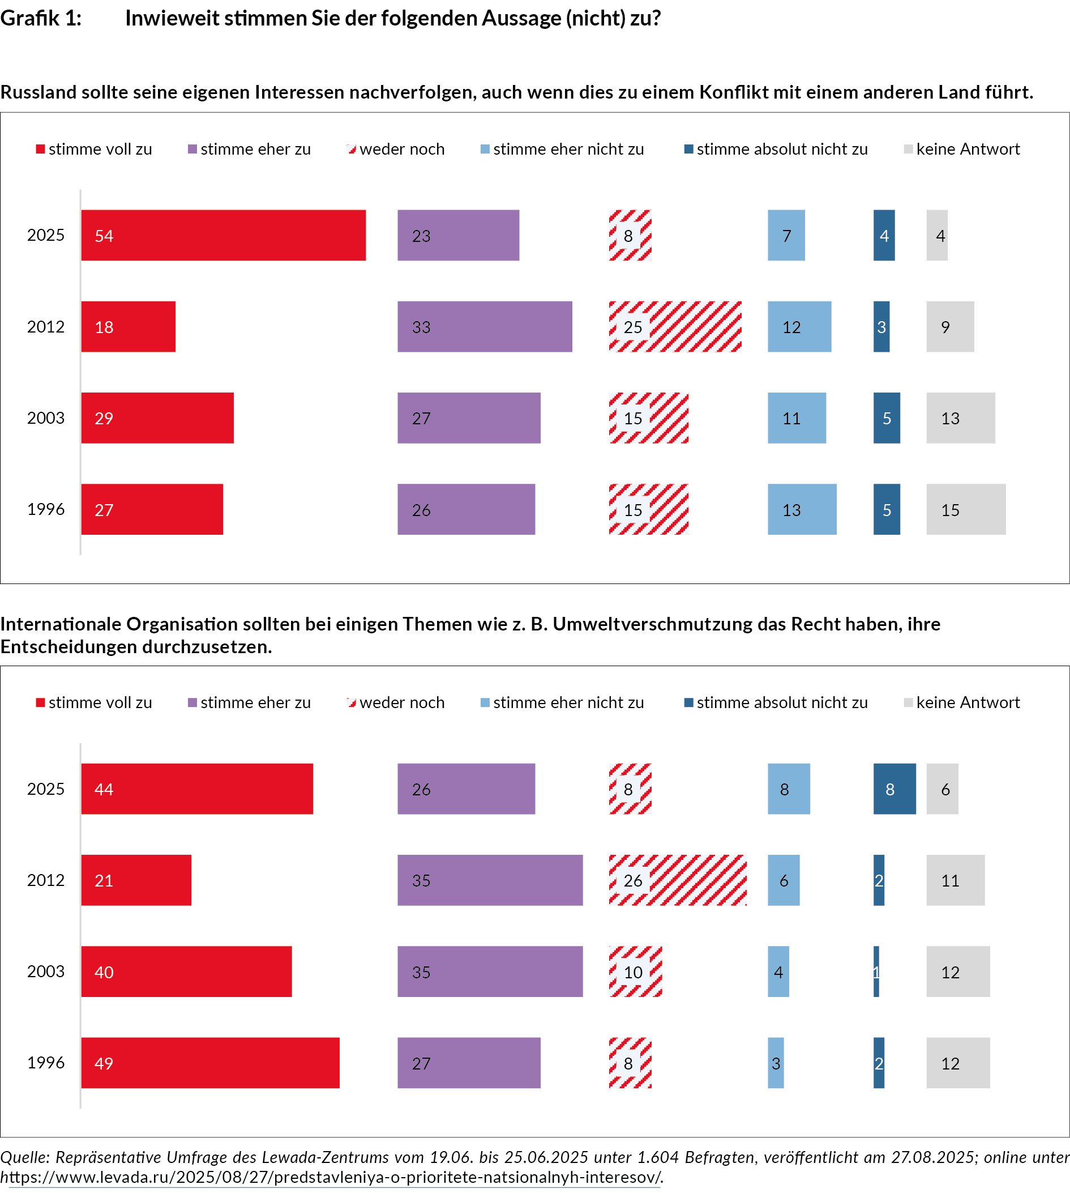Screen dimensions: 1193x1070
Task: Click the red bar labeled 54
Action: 224,235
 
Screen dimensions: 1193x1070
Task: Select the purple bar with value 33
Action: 485,326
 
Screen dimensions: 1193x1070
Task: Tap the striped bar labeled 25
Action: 675,326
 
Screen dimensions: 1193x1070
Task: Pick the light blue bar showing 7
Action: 786,235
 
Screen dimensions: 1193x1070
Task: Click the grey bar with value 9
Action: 950,326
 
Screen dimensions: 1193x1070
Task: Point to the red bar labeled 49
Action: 210,1062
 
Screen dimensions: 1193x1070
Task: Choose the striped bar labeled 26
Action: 678,880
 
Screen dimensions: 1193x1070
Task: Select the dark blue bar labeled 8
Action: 894,789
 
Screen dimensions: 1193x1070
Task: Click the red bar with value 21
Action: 136,880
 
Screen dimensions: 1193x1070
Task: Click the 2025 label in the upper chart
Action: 46,235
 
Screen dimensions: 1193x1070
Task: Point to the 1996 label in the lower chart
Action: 46,1062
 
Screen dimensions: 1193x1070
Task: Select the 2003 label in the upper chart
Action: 46,417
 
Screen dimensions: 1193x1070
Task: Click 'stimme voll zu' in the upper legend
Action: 100,150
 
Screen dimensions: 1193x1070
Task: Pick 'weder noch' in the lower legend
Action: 401,702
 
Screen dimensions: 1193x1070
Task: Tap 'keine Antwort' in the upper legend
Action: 968,150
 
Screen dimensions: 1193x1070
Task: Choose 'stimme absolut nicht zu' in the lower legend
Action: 782,702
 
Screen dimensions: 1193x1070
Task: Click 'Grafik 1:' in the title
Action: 41,18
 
